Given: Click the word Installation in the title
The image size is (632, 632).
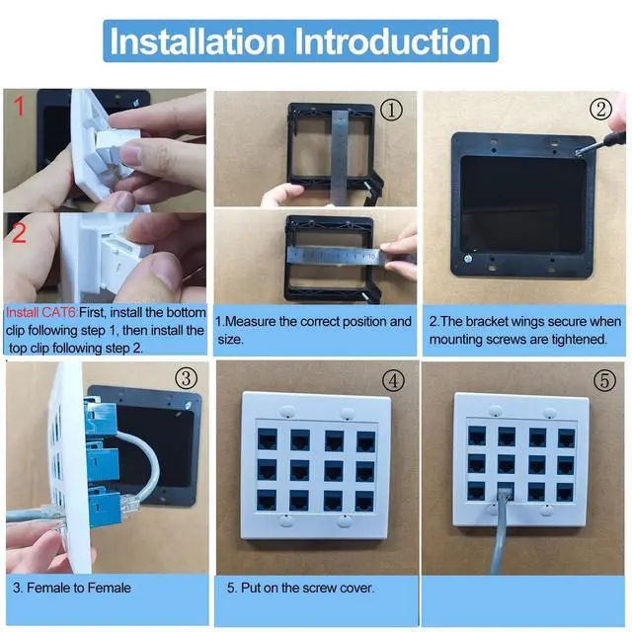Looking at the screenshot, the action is (x=197, y=41).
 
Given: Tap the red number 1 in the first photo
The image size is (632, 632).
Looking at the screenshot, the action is (x=19, y=107).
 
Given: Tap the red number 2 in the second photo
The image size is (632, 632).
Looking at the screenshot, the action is (x=19, y=233).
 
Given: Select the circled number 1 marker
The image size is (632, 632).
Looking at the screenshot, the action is (x=391, y=110).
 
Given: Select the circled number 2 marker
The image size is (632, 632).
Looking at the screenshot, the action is (x=600, y=109).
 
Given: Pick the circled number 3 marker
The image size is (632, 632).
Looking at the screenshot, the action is (x=187, y=378).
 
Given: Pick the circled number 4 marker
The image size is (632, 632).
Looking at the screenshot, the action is (x=393, y=380).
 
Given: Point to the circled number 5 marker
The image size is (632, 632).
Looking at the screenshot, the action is (x=604, y=380).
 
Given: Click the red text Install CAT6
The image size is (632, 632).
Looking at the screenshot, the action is (x=41, y=312).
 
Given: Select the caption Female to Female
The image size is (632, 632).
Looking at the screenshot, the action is (x=79, y=588).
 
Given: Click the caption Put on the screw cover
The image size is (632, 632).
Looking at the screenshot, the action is (x=307, y=588).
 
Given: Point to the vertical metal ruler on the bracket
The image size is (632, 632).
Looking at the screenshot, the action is (x=340, y=157).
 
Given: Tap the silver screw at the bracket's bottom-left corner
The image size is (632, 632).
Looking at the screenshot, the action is (x=468, y=259).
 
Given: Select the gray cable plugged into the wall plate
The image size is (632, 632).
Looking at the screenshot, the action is (x=500, y=532).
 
